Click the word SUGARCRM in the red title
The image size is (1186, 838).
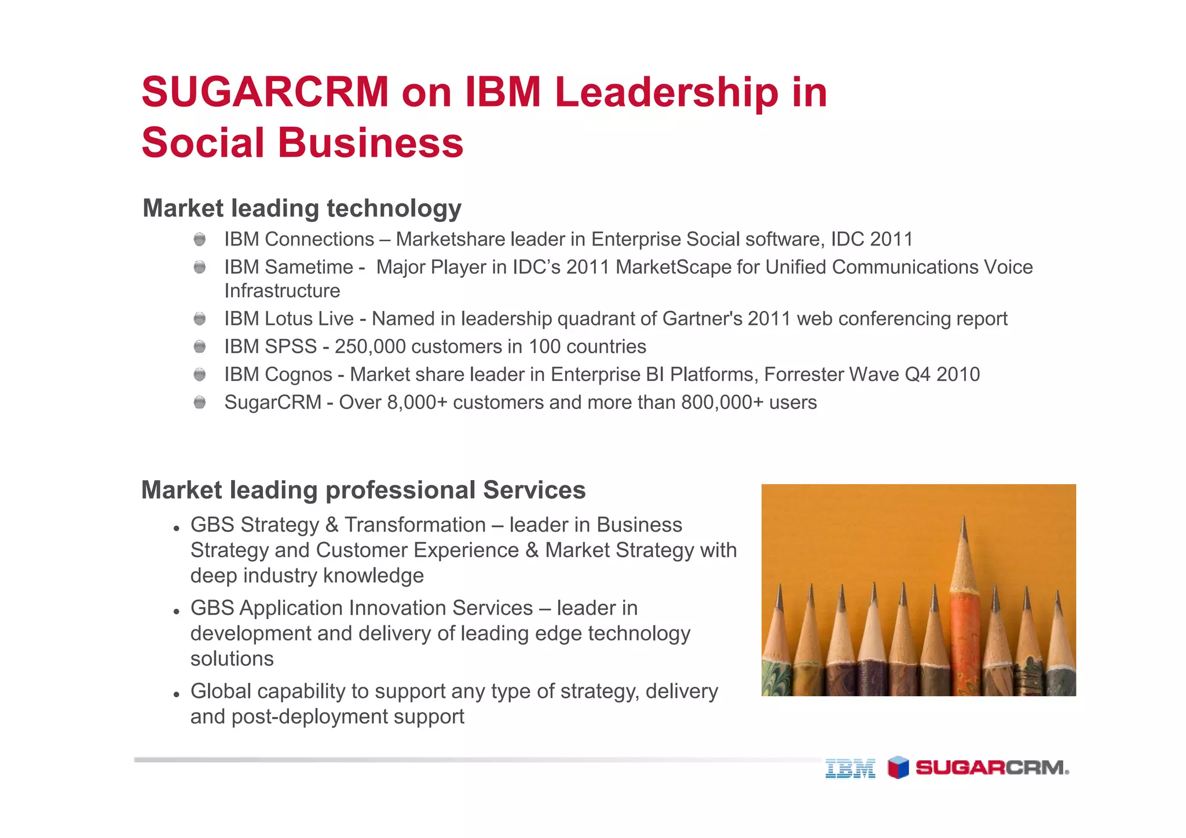pyautogui.click(x=265, y=92)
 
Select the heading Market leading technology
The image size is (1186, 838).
pyautogui.click(x=302, y=208)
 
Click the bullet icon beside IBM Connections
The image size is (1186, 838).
pyautogui.click(x=200, y=239)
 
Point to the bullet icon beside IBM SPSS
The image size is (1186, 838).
pyautogui.click(x=200, y=347)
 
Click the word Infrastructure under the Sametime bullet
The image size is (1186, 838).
pyautogui.click(x=282, y=291)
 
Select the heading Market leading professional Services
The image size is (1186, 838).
pyautogui.click(x=363, y=490)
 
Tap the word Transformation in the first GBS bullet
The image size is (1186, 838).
pyautogui.click(x=415, y=525)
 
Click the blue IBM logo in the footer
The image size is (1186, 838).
pyautogui.click(x=850, y=769)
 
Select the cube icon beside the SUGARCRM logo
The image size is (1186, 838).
pyautogui.click(x=898, y=767)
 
